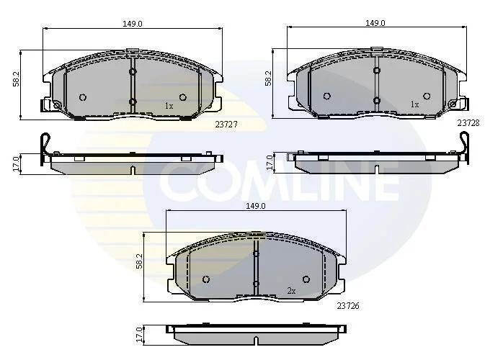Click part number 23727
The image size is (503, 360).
(226, 125)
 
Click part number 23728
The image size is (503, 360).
(468, 123)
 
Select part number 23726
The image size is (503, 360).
(348, 306)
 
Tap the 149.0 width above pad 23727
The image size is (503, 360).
(133, 24)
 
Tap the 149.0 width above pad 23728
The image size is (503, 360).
(375, 23)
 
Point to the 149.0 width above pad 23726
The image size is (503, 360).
(256, 206)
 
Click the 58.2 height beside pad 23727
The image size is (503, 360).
(16, 79)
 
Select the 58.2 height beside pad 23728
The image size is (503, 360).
(268, 78)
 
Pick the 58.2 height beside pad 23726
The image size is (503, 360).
(139, 261)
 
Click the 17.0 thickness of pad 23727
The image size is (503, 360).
(16, 164)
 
